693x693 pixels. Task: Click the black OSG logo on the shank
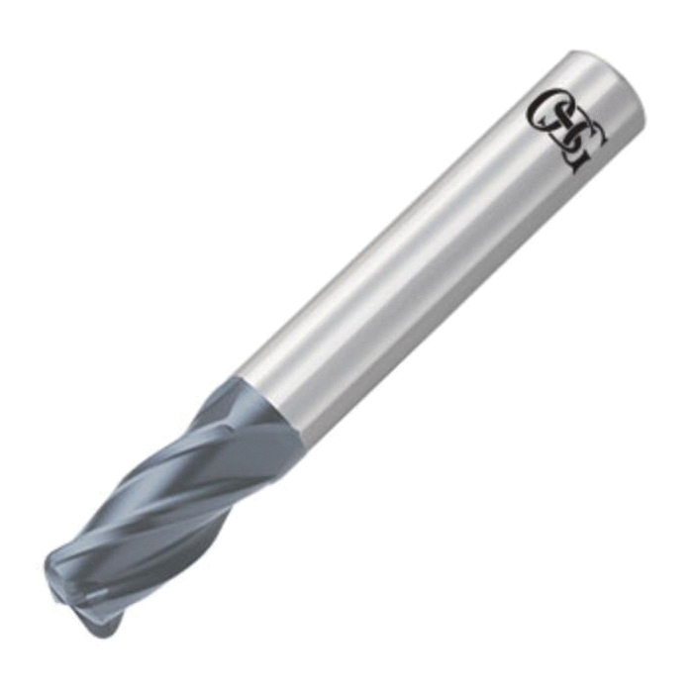coord(568,131)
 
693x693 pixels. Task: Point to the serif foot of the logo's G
coord(573,167)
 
